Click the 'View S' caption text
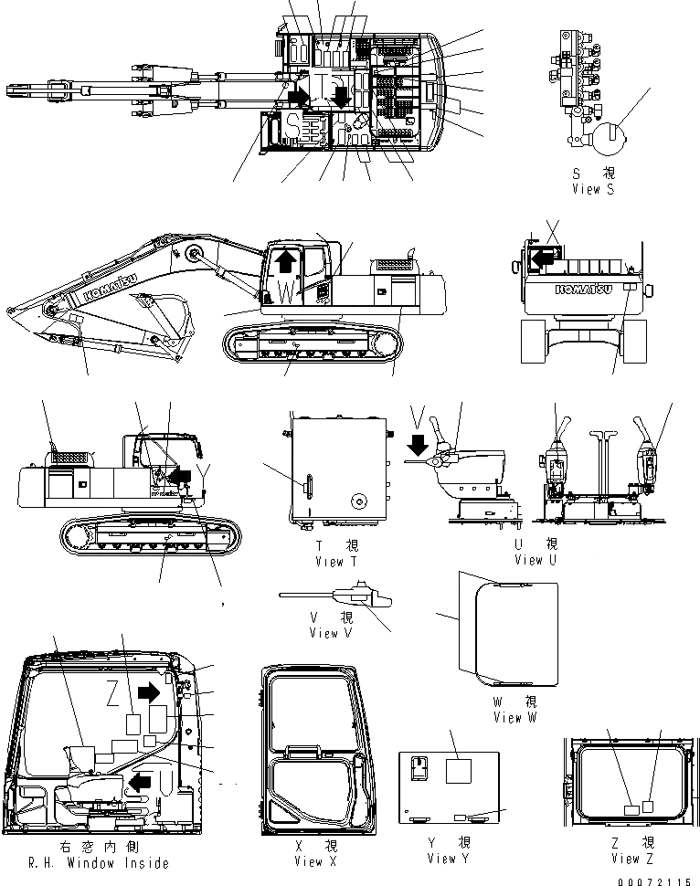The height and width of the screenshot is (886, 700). click(x=592, y=189)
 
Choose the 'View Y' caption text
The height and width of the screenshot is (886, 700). click(x=448, y=859)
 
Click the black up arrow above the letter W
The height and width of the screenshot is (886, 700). click(x=285, y=262)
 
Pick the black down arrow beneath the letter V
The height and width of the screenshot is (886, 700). click(x=419, y=446)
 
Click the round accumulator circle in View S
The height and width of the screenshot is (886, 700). click(x=605, y=142)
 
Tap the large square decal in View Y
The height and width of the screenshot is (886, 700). click(x=459, y=770)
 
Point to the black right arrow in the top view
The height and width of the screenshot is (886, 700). click(x=296, y=97)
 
